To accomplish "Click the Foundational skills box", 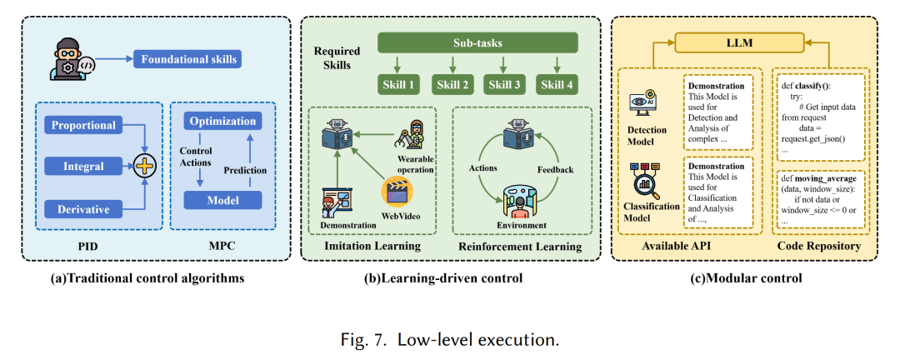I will tap(190, 59).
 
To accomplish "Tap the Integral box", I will tap(83, 167).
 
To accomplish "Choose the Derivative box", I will tap(83, 207).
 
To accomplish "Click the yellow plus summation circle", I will tap(146, 167).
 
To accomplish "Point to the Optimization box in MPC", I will tap(222, 121).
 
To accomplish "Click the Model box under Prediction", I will tap(222, 200).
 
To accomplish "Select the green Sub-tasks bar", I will tap(477, 43).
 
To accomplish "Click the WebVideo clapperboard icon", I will tap(398, 192).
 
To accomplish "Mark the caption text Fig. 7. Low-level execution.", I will tap(449, 340).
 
